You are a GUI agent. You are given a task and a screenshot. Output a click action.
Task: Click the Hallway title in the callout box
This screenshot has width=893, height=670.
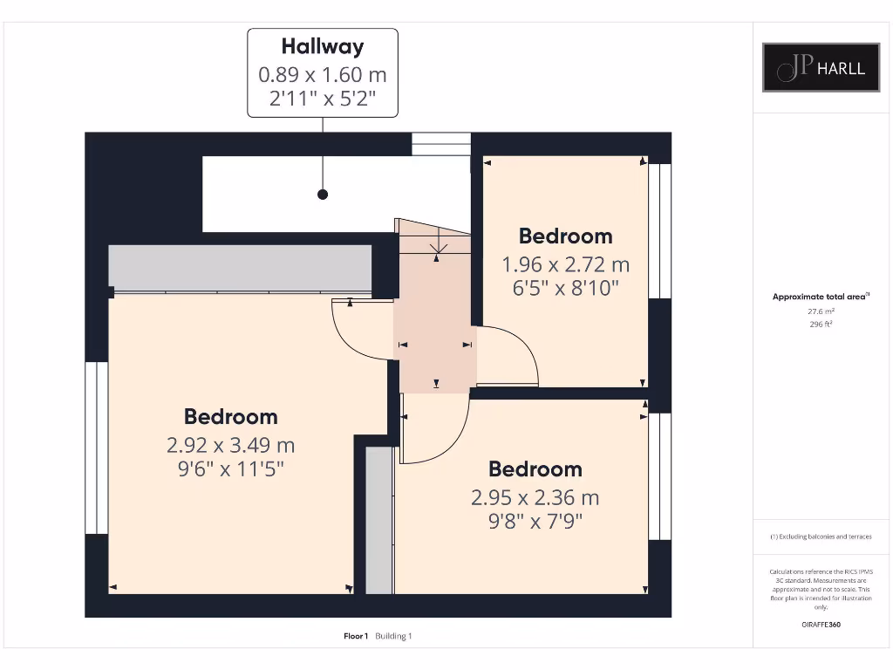coord(322,46)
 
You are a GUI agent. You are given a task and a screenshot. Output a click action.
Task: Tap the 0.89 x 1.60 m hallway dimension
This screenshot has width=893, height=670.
coord(322,75)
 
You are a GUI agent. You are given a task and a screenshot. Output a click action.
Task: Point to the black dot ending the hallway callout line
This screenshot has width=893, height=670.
coord(323,195)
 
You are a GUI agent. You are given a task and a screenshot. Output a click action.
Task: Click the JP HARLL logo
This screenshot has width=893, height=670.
coord(821,67)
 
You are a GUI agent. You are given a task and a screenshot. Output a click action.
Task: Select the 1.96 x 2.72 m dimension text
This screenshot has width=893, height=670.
coord(565,264)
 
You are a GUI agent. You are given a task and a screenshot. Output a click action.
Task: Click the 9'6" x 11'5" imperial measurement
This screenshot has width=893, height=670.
coord(231,469)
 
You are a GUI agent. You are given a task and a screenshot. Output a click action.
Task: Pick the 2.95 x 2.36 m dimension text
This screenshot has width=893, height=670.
coord(535,498)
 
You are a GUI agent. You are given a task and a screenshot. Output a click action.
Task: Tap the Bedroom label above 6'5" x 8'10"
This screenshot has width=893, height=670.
coord(565,236)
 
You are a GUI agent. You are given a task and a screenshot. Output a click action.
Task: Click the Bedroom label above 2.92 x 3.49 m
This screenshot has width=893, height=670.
coord(231,417)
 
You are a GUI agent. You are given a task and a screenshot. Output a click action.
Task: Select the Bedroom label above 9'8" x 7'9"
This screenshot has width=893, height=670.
coord(535,469)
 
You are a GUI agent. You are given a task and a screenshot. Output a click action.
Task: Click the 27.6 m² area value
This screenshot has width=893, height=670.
coord(820,311)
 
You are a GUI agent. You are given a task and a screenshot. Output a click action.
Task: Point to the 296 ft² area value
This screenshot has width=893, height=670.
coord(820,324)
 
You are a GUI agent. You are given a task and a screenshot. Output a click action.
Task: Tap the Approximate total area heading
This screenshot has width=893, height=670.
coord(819,297)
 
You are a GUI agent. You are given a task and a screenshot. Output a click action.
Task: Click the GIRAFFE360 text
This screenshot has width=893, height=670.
coord(821,625)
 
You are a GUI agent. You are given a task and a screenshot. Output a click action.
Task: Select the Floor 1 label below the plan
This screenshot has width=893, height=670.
coord(356,636)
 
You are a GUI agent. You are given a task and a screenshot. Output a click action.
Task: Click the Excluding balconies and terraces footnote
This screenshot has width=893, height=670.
coord(820,537)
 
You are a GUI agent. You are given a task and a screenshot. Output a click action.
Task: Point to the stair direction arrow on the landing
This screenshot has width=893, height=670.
coord(438,251)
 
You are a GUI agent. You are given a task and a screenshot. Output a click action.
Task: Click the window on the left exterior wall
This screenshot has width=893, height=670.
coord(96,447)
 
